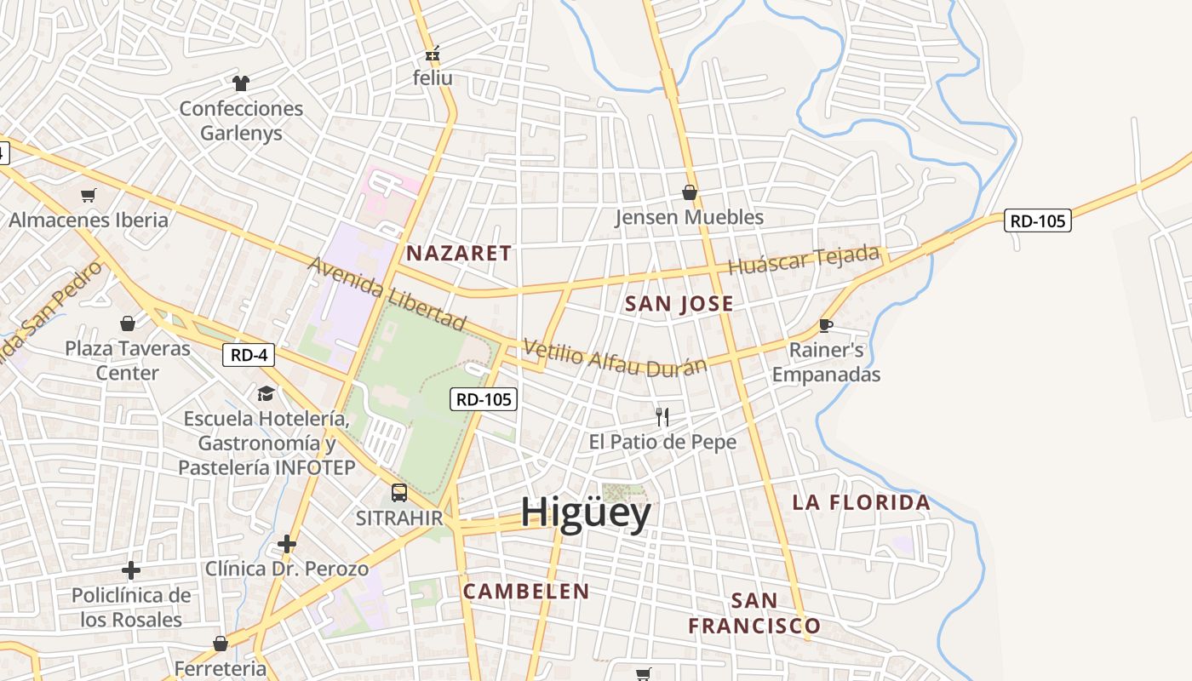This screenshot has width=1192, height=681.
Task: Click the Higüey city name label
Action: coord(586,512)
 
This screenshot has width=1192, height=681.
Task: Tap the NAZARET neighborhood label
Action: coord(459,253)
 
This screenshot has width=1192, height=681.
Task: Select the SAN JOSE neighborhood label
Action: coord(679,304)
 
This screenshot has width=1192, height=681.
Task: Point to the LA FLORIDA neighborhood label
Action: coord(861,502)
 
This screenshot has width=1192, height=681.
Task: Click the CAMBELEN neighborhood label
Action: coord(525,591)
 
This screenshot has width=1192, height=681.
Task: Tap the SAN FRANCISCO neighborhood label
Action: coord(754,613)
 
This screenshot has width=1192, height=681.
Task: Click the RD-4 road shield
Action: coord(249,355)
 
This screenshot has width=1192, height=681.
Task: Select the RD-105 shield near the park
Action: coord(484,398)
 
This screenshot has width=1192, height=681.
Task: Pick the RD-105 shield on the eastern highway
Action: coord(1036,220)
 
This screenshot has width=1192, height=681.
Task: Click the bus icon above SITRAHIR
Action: coord(398,492)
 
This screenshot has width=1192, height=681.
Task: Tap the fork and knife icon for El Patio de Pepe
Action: coord(662,416)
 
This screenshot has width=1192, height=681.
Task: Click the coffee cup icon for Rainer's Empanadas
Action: coord(825,325)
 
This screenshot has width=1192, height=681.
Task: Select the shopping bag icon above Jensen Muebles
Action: coord(690,192)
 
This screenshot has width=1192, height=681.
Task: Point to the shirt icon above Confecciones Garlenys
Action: coord(241,83)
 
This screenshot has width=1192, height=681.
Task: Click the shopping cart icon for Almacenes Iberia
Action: coord(89,195)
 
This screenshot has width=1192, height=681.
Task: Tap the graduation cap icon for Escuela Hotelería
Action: coord(266,393)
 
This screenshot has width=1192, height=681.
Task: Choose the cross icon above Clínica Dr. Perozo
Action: coord(287,543)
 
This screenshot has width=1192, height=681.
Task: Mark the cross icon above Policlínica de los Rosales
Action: coord(131,569)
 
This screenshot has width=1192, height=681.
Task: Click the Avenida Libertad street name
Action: coord(387,293)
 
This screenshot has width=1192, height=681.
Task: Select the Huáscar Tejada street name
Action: coord(803,259)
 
